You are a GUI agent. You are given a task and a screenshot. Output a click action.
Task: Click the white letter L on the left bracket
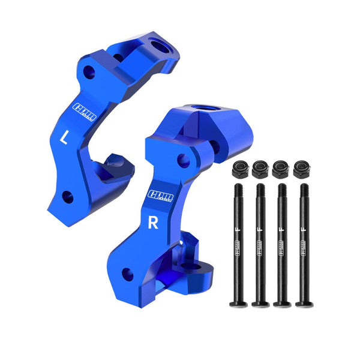point(65,137)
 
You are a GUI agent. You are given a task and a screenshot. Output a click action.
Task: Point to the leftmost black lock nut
point(239,169)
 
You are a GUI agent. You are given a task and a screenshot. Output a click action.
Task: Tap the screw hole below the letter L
point(67,196)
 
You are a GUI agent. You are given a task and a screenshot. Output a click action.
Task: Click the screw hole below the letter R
point(127,274)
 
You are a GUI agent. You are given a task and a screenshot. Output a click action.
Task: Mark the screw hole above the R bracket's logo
point(182,160)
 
